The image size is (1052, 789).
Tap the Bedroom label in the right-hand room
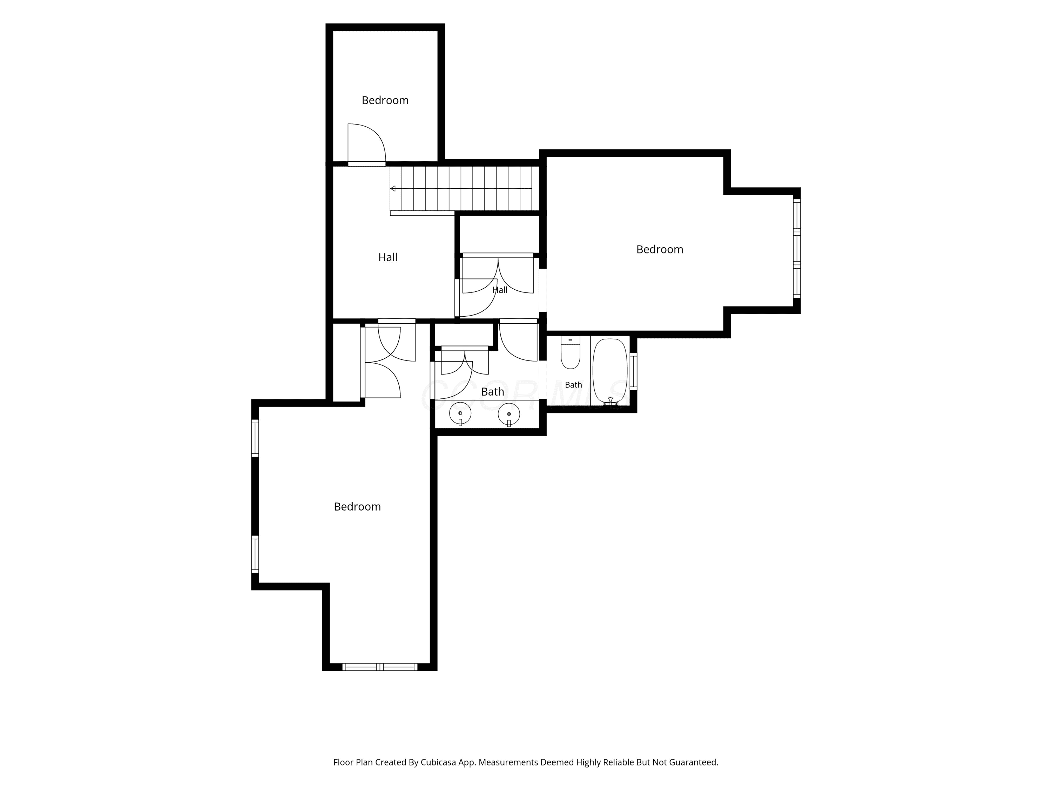coord(660,249)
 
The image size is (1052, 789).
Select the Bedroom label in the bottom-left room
coord(357,506)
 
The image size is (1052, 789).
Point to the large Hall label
coord(387,257)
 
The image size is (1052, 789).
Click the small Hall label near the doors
coord(500,290)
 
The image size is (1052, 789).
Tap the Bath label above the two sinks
coord(492,391)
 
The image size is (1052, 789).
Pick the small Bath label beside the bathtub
coord(573,385)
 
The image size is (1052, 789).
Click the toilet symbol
coord(570,352)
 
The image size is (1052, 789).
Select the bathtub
coord(610,371)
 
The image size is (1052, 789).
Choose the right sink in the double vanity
coord(508,414)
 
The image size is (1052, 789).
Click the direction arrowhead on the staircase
coord(393,189)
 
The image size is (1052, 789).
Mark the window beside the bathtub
coord(633,371)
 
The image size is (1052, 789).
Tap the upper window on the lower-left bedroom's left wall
coord(255,438)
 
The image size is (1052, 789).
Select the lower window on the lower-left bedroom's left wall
coord(255,554)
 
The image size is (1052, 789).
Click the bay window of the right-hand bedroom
coord(797,248)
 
